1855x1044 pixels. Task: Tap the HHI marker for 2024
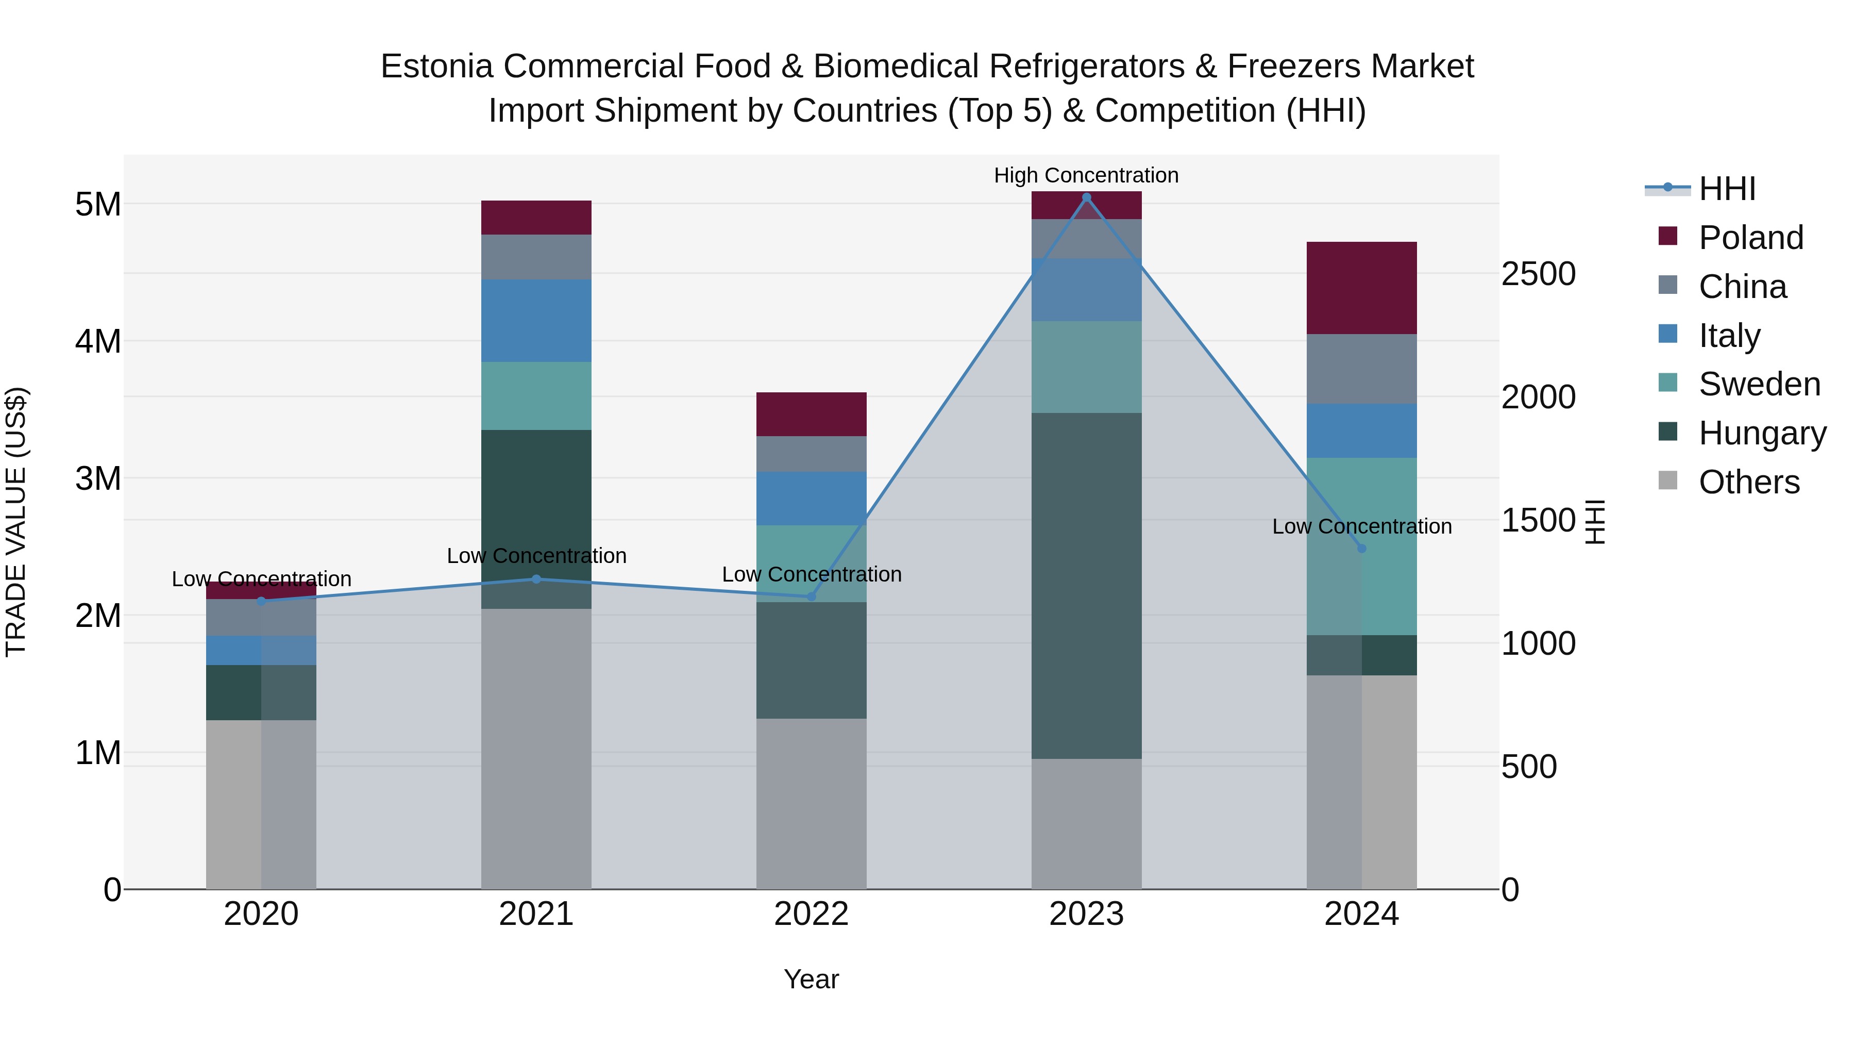pyautogui.click(x=1361, y=549)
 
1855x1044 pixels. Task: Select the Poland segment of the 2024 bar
pyautogui.click(x=1361, y=288)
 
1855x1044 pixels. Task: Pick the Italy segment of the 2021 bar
pyautogui.click(x=536, y=321)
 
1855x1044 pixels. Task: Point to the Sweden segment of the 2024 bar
pyautogui.click(x=1361, y=546)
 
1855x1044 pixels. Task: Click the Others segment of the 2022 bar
pyautogui.click(x=811, y=803)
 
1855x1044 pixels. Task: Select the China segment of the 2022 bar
pyautogui.click(x=811, y=454)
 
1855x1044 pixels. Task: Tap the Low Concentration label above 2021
pyautogui.click(x=536, y=555)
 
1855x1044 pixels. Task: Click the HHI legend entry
pyautogui.click(x=1726, y=189)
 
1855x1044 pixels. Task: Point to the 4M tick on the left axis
pyautogui.click(x=98, y=341)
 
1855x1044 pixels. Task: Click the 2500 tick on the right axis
pyautogui.click(x=1538, y=274)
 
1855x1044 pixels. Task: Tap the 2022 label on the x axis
pyautogui.click(x=811, y=914)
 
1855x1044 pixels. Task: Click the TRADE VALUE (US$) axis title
pyautogui.click(x=16, y=522)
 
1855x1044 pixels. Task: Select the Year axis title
pyautogui.click(x=811, y=979)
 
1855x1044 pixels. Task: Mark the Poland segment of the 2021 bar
pyautogui.click(x=536, y=218)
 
